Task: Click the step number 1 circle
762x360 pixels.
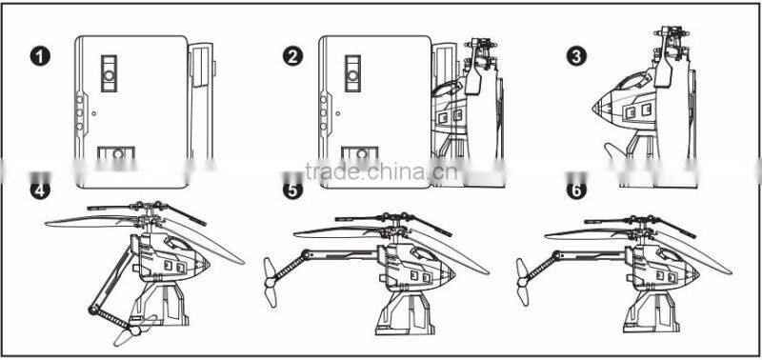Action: coord(39,56)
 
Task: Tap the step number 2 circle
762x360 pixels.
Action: coord(293,56)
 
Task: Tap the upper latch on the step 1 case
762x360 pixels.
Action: coord(110,71)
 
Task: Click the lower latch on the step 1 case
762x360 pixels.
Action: coord(118,155)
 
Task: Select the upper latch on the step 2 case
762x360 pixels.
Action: coord(353,71)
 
